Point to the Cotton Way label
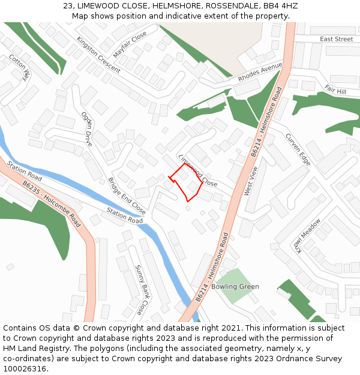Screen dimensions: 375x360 (20, 67)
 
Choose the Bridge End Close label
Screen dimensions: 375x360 (127, 196)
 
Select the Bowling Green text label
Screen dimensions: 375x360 (235, 287)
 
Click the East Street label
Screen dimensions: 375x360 (336, 39)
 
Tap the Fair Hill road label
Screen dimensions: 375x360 (335, 89)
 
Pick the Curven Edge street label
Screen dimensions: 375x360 (298, 149)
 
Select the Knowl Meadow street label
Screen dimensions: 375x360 (304, 235)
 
